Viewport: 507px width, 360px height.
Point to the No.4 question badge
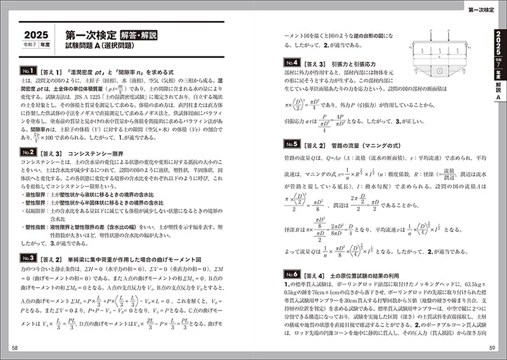[x=292, y=63]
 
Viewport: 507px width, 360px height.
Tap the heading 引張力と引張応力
[x=352, y=63]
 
